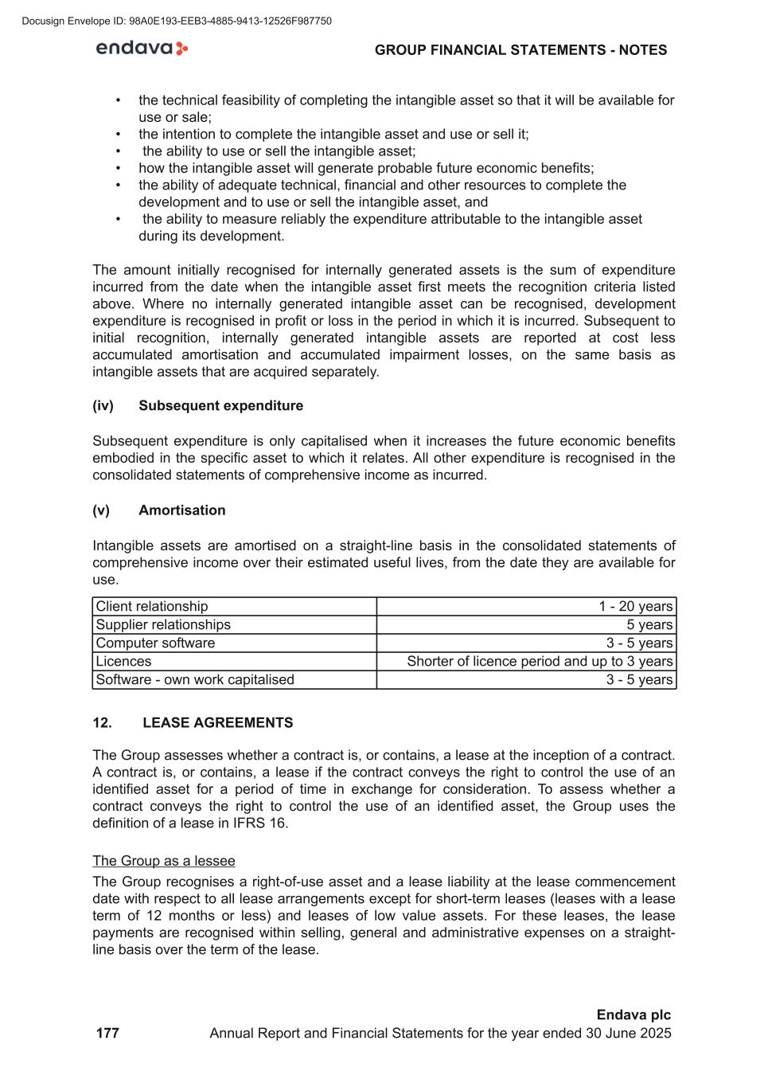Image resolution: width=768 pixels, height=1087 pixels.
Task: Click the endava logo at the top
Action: [142, 49]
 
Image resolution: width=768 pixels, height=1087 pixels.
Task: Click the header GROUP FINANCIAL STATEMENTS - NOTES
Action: [520, 50]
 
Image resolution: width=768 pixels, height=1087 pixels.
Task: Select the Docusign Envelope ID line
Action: [177, 21]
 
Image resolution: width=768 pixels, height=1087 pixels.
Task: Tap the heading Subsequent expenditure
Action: [220, 405]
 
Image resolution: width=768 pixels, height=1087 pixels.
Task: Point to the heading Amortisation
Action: [181, 510]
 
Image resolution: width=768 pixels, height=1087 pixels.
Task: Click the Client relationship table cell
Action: [152, 607]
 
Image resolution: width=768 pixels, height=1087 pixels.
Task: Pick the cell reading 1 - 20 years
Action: [635, 607]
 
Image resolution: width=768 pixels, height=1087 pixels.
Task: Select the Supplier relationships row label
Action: [163, 625]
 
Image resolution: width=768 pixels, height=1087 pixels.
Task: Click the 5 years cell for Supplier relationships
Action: [649, 625]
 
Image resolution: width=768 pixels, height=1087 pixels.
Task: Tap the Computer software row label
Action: [155, 643]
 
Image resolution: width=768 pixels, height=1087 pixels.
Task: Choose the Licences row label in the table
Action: [123, 662]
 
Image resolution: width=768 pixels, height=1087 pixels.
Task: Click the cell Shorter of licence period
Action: [540, 662]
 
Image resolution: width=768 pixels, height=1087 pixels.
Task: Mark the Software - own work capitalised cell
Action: [195, 680]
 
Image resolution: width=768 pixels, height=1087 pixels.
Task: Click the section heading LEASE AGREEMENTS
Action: [217, 723]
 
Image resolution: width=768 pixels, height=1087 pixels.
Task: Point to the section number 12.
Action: [102, 723]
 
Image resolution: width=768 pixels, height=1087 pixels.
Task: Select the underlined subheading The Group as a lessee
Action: [164, 861]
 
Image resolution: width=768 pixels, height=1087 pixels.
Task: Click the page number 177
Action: [107, 1034]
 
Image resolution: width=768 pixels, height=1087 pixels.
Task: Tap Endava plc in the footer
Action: [634, 1015]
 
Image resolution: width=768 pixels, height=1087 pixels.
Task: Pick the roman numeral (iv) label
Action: [103, 405]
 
